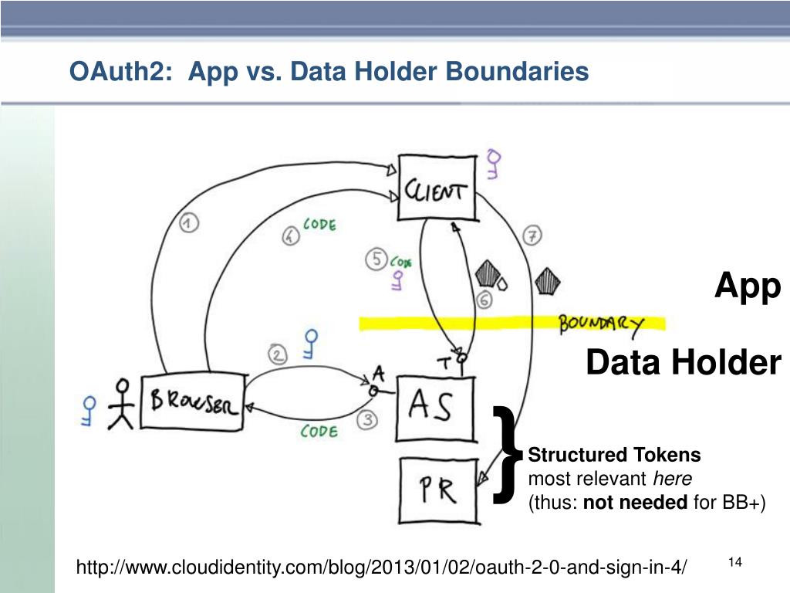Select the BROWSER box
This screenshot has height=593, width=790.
193,402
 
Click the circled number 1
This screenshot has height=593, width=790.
189,224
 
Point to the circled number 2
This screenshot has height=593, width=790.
278,354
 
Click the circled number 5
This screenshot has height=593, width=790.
376,260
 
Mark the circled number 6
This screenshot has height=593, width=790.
484,301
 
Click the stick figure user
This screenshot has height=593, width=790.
120,403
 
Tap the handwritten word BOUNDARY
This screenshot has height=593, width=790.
601,324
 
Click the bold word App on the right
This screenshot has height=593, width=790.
747,286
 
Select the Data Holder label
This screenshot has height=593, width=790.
683,362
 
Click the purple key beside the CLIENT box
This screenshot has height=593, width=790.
494,164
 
